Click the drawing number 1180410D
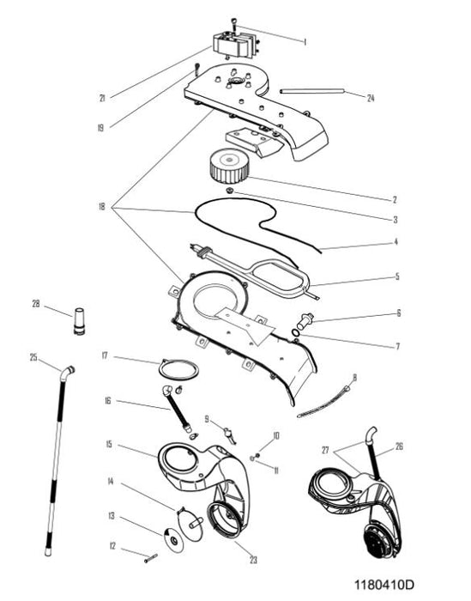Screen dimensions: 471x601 (x=384, y=585)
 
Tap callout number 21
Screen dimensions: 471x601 (x=102, y=99)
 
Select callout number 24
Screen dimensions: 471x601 (x=371, y=98)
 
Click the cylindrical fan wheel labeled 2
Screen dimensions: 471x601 (x=229, y=166)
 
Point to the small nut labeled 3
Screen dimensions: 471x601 (x=230, y=190)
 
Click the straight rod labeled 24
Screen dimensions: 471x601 (x=312, y=91)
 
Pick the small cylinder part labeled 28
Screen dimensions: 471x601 (x=79, y=321)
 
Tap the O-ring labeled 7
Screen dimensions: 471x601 (x=295, y=333)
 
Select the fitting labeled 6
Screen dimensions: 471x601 (x=305, y=320)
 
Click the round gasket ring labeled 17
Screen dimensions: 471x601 (x=178, y=369)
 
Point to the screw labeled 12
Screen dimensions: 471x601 (x=151, y=558)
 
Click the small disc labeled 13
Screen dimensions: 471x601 (x=173, y=540)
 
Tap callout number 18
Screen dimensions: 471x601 (x=101, y=207)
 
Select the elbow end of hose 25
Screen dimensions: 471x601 (x=68, y=372)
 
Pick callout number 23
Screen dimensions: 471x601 (x=253, y=560)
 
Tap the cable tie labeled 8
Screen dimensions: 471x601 (x=324, y=402)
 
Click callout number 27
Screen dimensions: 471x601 (x=325, y=450)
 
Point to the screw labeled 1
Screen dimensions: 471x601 (x=234, y=25)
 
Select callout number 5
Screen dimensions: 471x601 (x=397, y=276)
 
